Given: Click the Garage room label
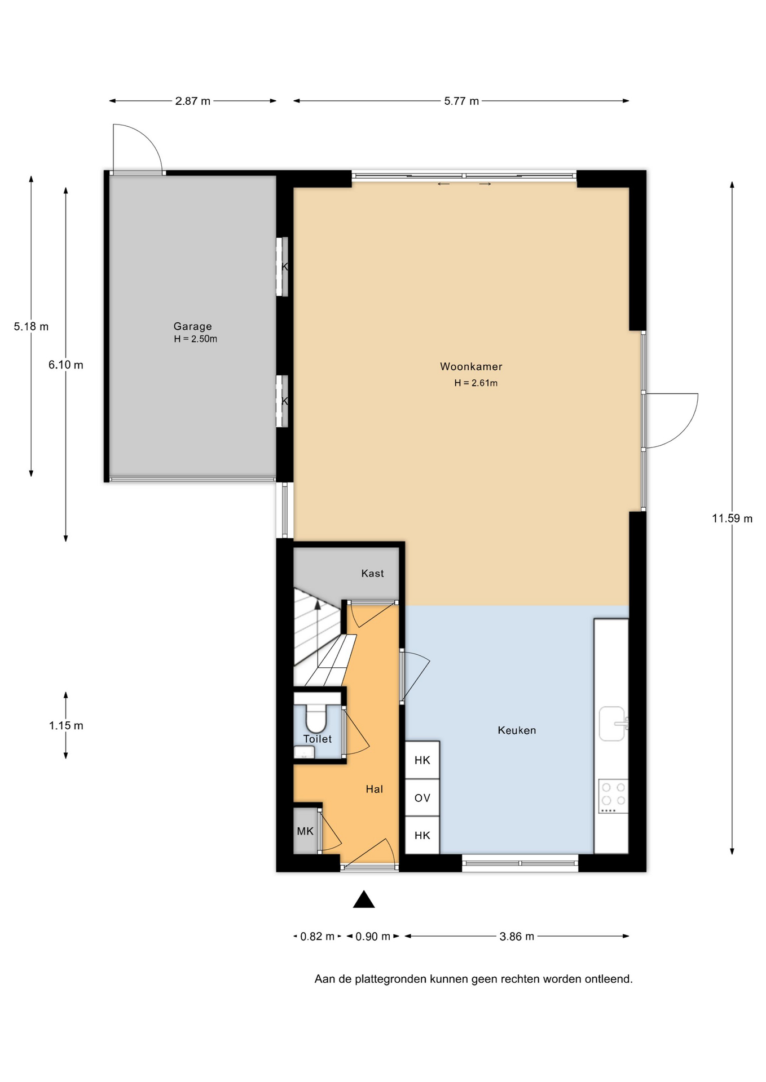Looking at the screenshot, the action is (x=192, y=326).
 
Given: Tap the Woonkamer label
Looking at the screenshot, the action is (x=471, y=366).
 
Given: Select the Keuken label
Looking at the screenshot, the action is (x=517, y=730).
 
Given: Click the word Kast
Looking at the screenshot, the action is (x=372, y=573).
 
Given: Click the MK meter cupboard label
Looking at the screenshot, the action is (x=305, y=831).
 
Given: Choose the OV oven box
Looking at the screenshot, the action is (x=422, y=798).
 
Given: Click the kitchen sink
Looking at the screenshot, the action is (x=613, y=724).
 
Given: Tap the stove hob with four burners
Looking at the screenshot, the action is (x=613, y=796).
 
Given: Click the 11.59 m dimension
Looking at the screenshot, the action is (x=732, y=518).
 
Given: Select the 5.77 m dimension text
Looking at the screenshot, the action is (x=461, y=101).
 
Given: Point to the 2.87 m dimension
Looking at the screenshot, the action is (x=192, y=101).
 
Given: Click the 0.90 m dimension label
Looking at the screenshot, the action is (x=373, y=937).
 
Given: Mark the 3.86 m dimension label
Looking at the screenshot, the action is (x=517, y=937).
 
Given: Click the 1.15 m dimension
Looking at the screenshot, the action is (x=66, y=726).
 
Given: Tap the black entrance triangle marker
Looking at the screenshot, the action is (x=364, y=899).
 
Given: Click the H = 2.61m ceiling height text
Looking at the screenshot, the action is (x=476, y=383).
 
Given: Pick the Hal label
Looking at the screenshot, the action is (x=374, y=789).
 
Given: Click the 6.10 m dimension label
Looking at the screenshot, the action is (x=65, y=365).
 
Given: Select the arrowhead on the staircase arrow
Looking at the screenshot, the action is (x=318, y=605).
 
